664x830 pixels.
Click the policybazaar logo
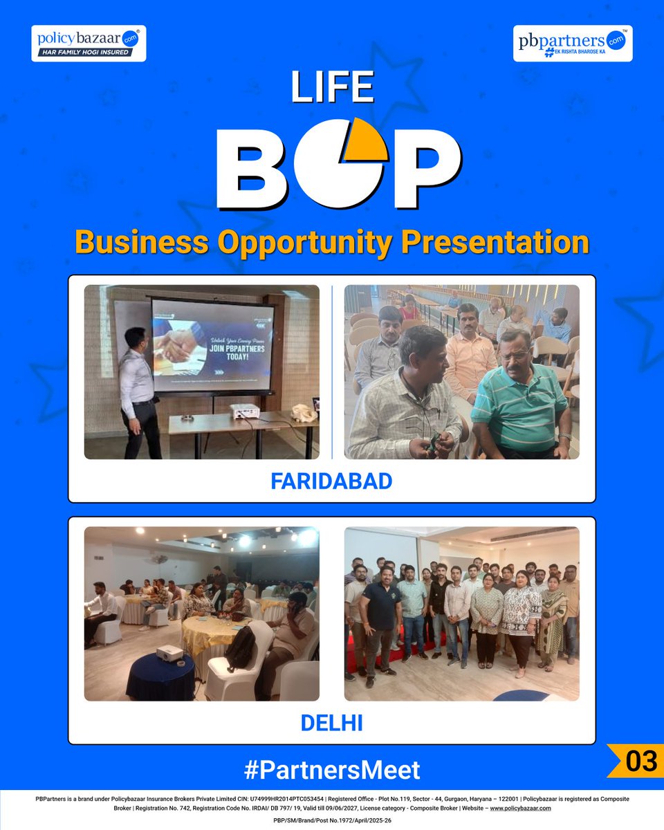pos(89,43)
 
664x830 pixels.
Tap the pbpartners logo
pos(573,43)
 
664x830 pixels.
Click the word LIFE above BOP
pos(333,89)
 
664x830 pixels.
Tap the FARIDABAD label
pos(331,481)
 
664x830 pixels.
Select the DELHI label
pos(331,723)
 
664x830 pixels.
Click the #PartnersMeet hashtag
pos(331,770)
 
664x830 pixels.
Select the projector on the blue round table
pos(169,652)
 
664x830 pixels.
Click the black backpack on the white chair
pos(241,647)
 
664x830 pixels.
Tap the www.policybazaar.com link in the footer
pos(520,808)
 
